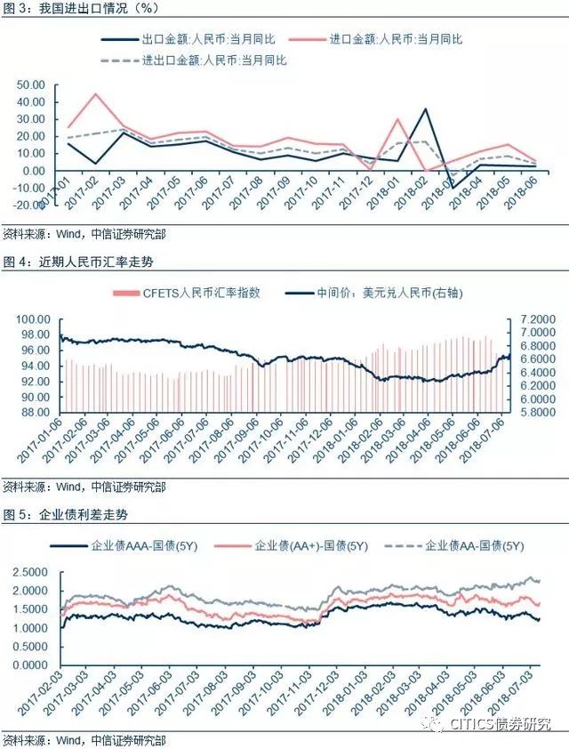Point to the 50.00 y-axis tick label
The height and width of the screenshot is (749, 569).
pos(31,85)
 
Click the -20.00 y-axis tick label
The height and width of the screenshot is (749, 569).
pos(28,204)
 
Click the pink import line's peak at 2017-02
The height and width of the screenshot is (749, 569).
pos(95,94)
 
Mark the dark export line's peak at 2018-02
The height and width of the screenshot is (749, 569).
pos(426,109)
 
